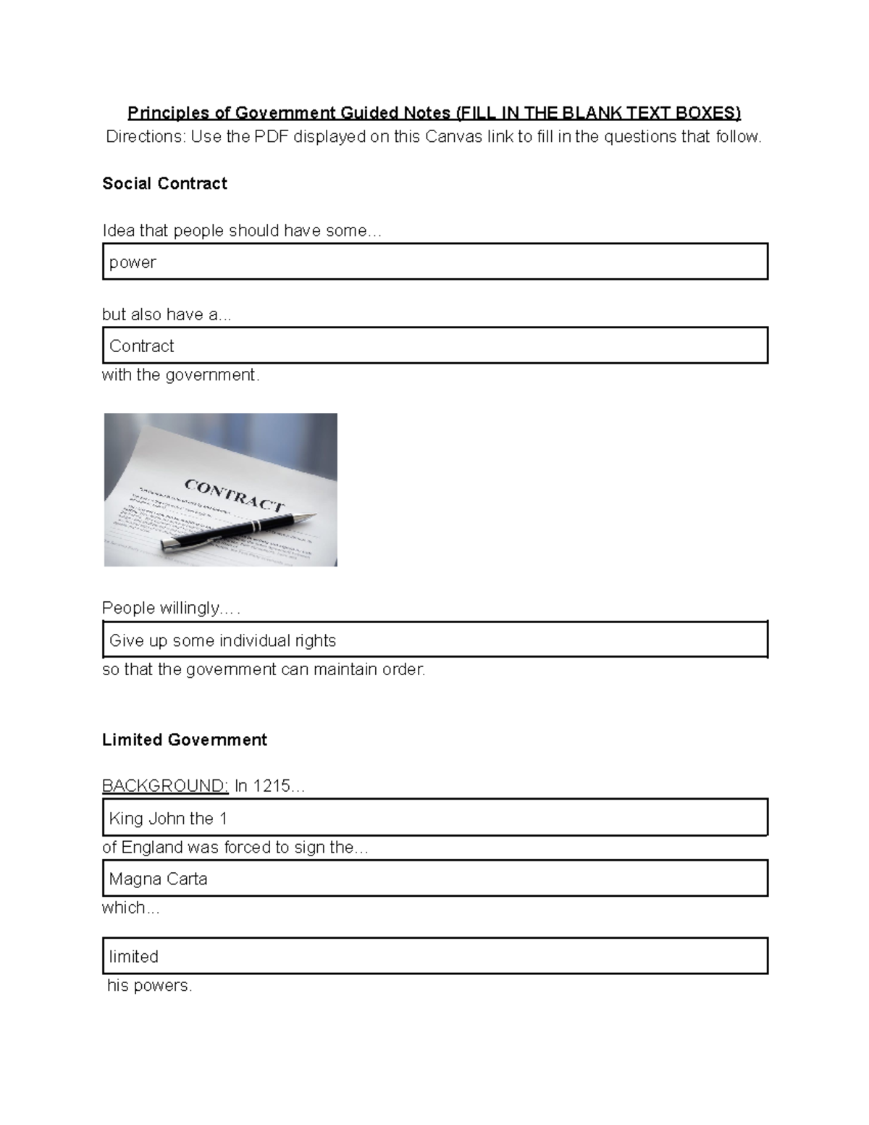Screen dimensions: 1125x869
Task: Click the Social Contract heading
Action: coord(164,184)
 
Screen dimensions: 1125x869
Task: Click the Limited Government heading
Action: coord(185,740)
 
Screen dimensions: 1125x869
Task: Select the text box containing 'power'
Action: coord(434,262)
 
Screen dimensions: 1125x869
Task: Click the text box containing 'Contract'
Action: coord(434,346)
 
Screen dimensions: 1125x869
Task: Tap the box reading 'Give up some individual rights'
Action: coord(434,640)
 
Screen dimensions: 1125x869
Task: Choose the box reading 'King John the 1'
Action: coord(434,819)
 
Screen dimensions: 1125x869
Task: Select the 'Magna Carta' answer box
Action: coord(434,879)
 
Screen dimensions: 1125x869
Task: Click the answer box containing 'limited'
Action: coord(434,956)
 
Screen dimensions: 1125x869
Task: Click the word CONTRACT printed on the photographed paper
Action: coord(234,495)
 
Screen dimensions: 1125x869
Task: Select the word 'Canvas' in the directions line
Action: coord(453,137)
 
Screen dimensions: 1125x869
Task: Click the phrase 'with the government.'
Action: coord(180,375)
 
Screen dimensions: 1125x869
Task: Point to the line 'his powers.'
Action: coord(150,986)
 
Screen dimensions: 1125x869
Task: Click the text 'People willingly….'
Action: coord(170,608)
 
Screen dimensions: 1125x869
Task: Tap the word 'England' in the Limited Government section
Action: coord(151,848)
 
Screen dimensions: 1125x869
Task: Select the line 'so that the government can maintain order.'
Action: coord(264,669)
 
